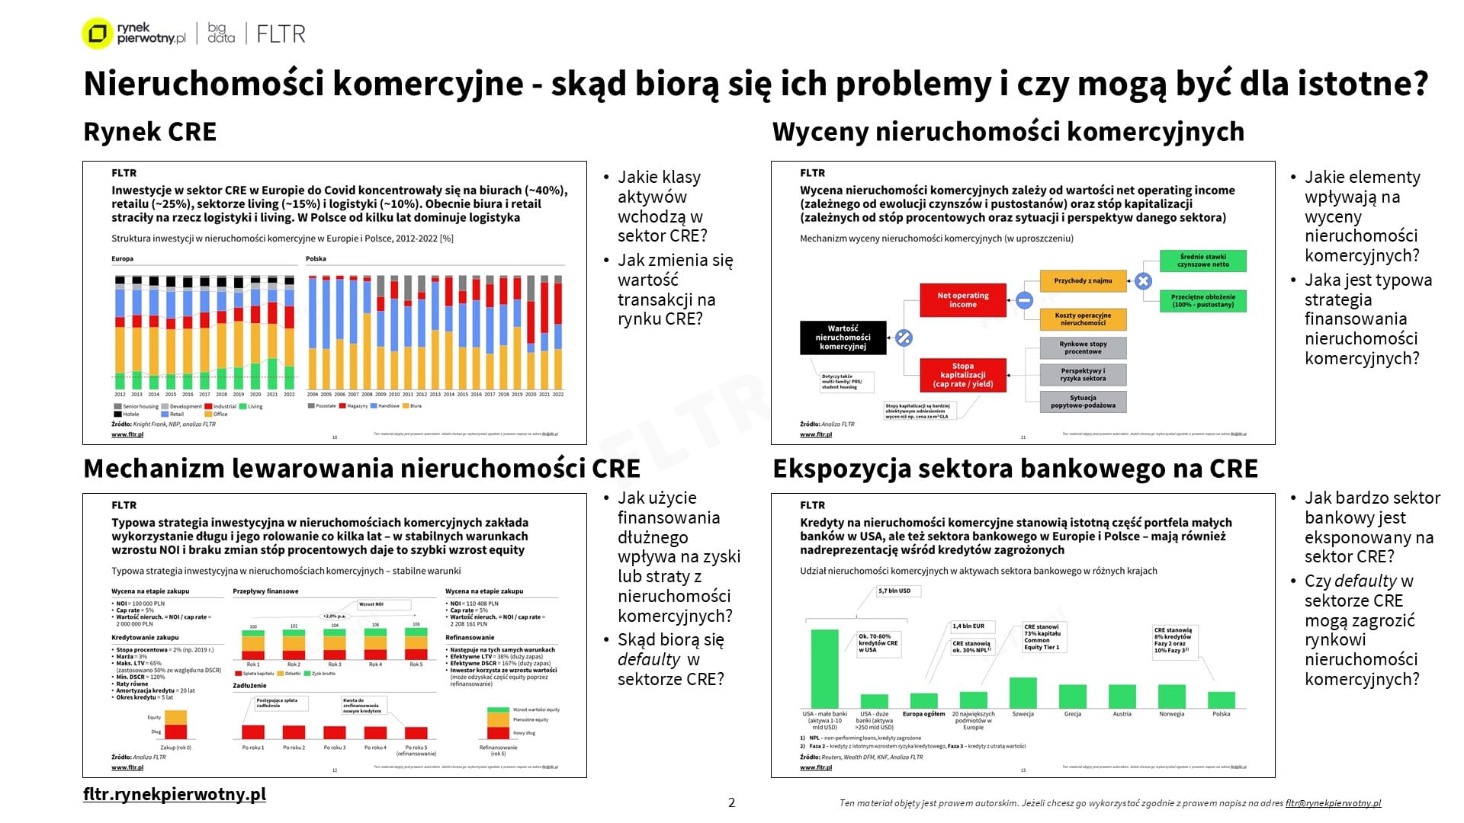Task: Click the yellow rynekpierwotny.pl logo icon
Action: coord(97,34)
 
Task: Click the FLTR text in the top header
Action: coord(281,34)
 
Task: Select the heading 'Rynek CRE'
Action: coord(149,132)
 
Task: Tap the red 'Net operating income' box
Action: coord(962,299)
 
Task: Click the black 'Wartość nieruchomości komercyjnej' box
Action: coord(843,338)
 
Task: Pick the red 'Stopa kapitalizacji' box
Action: coord(962,375)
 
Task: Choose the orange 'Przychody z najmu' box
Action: coord(1083,281)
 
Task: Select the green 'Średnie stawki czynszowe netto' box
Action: coord(1202,261)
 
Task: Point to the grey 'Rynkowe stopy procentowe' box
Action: coord(1083,348)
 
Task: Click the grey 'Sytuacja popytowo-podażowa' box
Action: coord(1083,402)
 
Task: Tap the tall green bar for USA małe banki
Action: coord(824,668)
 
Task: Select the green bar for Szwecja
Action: coord(1023,693)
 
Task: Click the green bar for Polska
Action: coord(1222,700)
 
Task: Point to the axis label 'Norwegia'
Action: coord(1171,714)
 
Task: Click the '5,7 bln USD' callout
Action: coord(894,591)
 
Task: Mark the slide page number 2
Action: coord(731,802)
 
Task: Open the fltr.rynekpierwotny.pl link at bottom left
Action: coord(175,794)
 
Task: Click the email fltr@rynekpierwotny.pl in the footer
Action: coord(1333,803)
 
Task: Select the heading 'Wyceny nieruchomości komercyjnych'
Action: coord(1008,132)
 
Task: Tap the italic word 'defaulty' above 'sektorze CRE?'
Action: coord(648,659)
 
